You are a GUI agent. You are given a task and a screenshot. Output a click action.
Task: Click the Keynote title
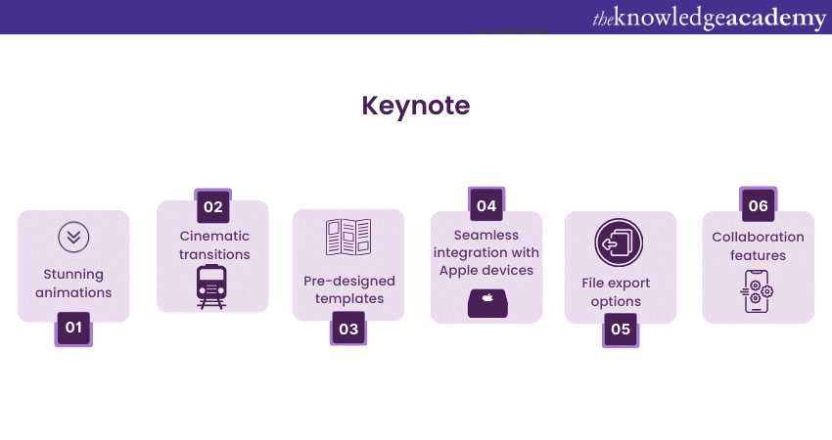tap(415, 106)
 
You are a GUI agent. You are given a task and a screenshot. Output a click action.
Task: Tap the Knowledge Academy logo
tap(709, 18)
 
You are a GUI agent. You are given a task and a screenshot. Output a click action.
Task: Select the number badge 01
tap(73, 329)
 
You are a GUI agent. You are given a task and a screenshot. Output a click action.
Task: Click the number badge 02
tap(212, 205)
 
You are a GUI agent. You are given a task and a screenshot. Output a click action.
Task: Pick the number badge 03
tap(348, 329)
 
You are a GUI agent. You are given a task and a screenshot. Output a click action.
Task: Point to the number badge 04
tap(486, 204)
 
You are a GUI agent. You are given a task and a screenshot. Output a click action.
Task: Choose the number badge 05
tap(621, 330)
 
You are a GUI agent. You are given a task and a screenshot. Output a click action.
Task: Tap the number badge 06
tap(759, 204)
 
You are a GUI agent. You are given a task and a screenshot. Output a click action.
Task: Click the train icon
tap(211, 286)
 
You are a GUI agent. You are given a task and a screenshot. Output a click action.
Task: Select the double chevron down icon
tap(73, 237)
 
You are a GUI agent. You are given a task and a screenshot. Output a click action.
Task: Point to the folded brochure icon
tap(348, 237)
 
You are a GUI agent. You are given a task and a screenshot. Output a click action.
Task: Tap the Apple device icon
tap(487, 303)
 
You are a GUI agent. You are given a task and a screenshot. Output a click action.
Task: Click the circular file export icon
tap(619, 242)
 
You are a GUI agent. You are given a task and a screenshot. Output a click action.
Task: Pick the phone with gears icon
tap(757, 291)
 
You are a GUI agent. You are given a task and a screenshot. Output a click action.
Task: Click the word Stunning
tap(73, 275)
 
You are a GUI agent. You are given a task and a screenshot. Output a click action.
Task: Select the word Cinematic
tap(214, 236)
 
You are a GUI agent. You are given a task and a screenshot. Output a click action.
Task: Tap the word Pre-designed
tap(349, 281)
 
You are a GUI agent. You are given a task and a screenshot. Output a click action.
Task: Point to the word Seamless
tap(486, 235)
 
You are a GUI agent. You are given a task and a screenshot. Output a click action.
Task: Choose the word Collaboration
tap(758, 237)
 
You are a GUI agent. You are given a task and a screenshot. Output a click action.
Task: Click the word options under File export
tap(616, 302)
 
